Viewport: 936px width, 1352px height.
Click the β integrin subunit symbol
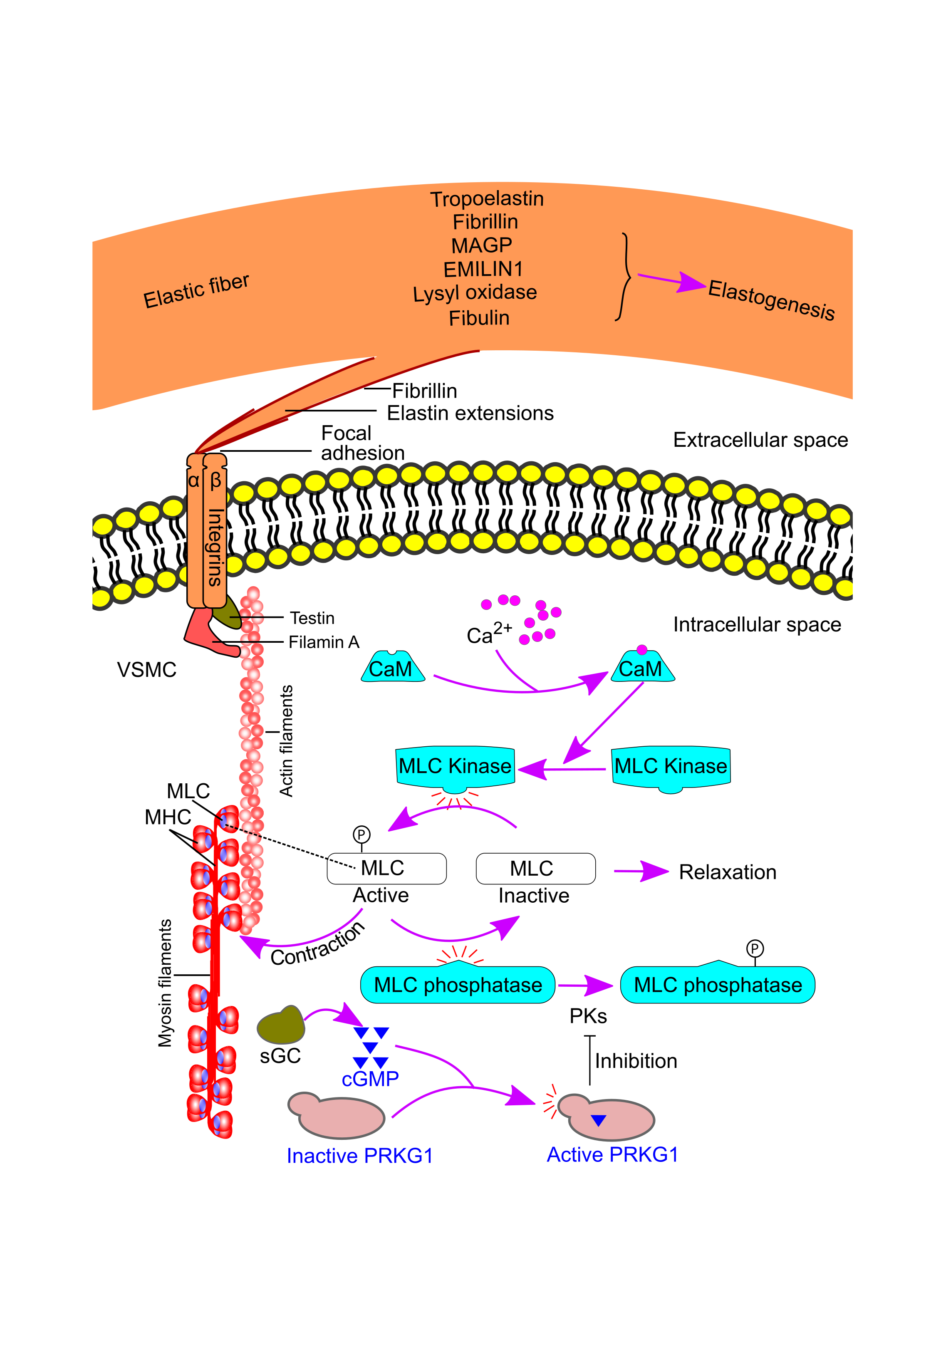click(x=215, y=481)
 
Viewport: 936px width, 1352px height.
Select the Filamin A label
click(x=324, y=643)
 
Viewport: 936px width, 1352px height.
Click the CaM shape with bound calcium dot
click(x=642, y=668)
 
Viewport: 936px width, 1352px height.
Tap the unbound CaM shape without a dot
click(x=392, y=668)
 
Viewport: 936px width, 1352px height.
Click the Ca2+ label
click(x=488, y=634)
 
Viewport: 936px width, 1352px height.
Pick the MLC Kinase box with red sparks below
click(x=455, y=766)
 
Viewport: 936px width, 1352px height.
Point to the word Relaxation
click(x=727, y=872)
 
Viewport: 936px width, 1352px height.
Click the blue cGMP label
click(x=370, y=1079)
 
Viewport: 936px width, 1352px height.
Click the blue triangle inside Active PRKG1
click(x=598, y=1120)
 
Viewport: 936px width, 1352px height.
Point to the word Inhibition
click(x=636, y=1061)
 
